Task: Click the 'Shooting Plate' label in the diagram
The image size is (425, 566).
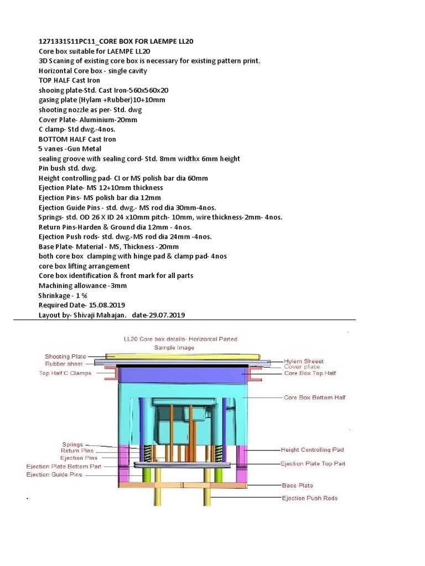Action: click(x=65, y=357)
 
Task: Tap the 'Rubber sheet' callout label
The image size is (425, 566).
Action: click(x=64, y=364)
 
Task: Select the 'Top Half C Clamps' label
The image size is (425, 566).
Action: click(x=65, y=373)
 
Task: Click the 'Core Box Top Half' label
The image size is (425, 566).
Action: click(x=310, y=373)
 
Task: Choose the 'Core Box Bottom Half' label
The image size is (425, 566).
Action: click(x=314, y=397)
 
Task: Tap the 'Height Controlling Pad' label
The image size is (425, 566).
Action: click(x=313, y=450)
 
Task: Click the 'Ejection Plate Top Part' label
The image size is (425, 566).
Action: click(x=313, y=463)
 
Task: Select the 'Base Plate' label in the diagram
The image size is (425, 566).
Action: click(x=297, y=485)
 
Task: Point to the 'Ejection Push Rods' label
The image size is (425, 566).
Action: click(x=309, y=498)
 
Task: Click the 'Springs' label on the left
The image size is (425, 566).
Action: click(x=72, y=444)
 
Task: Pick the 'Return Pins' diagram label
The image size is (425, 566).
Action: click(x=79, y=450)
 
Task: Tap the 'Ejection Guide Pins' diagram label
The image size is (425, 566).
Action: click(x=54, y=475)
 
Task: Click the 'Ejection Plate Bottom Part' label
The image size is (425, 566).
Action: click(x=64, y=467)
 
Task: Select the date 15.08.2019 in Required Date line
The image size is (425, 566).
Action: click(x=106, y=305)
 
